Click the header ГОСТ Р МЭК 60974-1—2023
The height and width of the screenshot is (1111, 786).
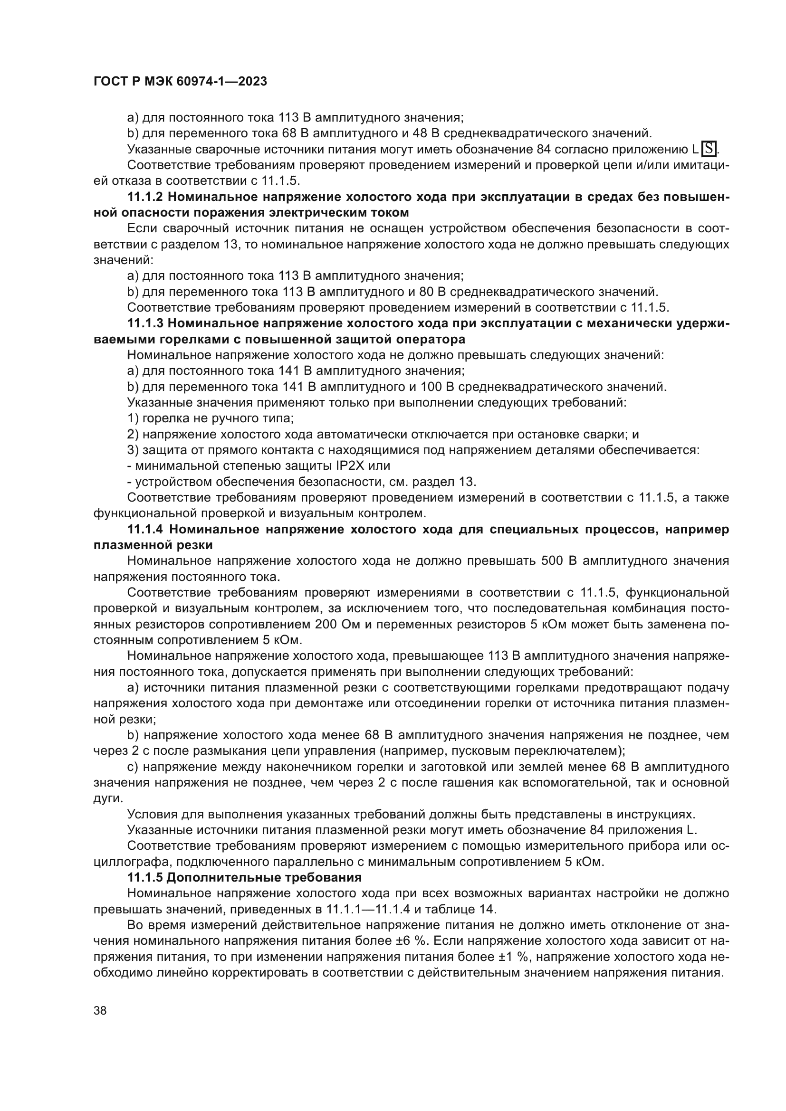(x=180, y=82)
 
